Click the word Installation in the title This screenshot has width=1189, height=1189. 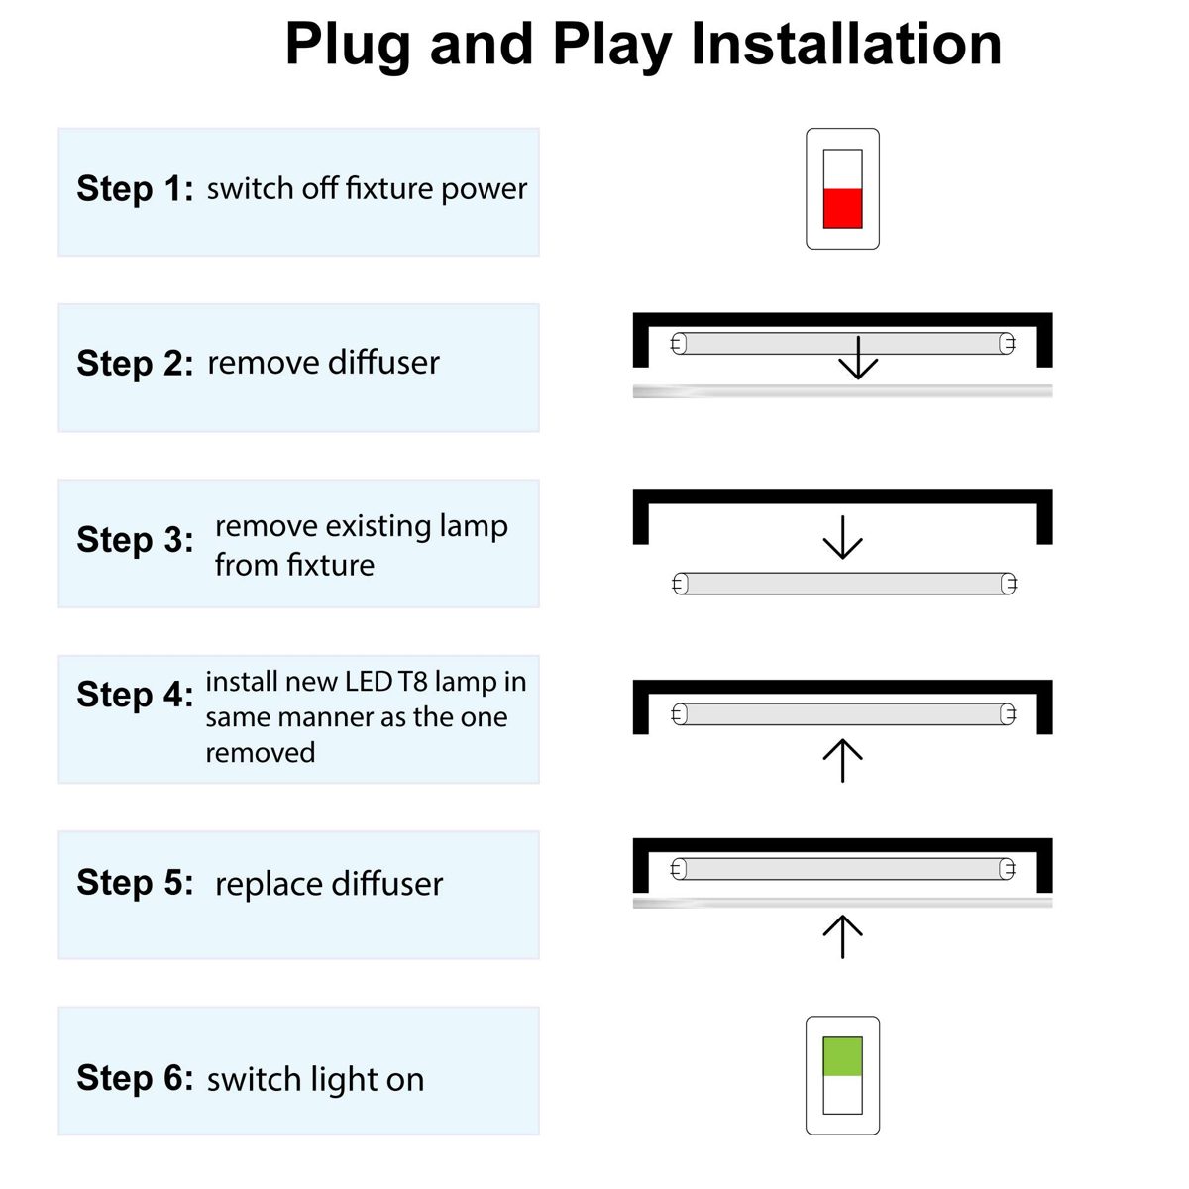click(846, 44)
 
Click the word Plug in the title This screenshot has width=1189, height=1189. click(348, 47)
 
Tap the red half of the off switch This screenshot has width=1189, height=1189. click(842, 208)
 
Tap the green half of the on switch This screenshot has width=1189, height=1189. click(842, 1057)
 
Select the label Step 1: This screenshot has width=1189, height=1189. click(135, 188)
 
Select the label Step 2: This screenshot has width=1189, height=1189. click(135, 363)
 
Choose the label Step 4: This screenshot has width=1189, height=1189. click(135, 695)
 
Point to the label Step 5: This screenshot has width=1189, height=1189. click(135, 882)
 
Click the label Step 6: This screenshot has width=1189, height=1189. click(135, 1077)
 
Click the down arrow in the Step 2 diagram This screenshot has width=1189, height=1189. click(858, 358)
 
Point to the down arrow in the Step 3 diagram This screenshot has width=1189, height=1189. click(843, 537)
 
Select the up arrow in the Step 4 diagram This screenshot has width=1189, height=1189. click(843, 760)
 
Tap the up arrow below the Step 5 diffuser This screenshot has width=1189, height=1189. click(843, 936)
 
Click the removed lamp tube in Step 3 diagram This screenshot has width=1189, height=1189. click(844, 583)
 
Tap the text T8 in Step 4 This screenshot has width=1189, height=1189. click(413, 681)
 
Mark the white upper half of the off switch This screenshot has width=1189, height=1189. click(842, 169)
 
